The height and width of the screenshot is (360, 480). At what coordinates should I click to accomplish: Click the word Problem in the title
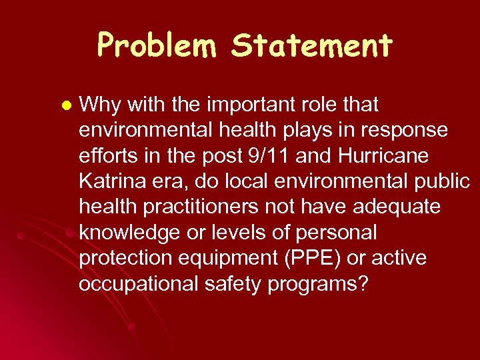(x=158, y=46)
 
